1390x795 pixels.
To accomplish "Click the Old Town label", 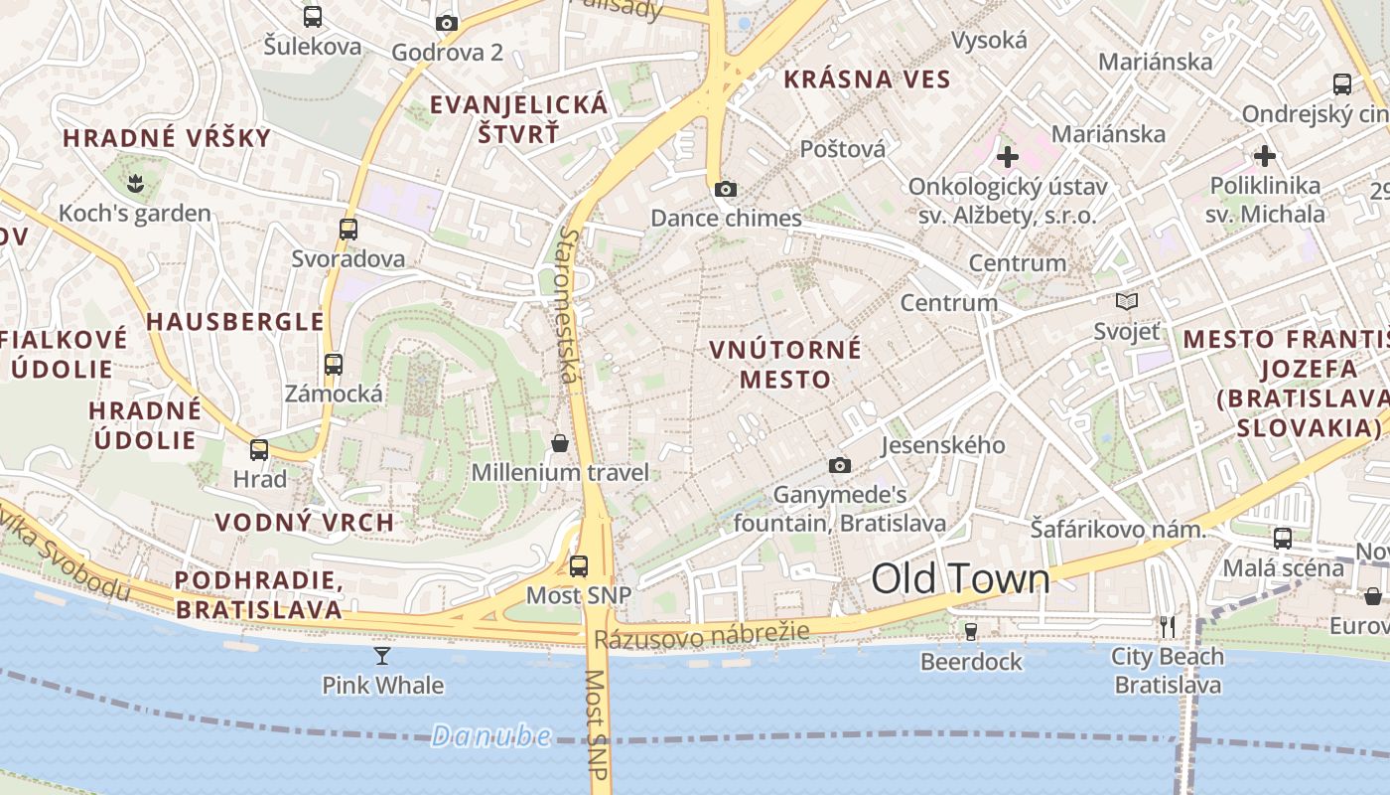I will pos(960,579).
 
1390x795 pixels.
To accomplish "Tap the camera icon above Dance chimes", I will pos(726,189).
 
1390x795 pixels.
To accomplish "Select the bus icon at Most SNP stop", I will pos(579,566).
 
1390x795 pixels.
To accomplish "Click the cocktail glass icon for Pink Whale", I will pos(382,655).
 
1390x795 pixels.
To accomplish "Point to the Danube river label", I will pos(491,736).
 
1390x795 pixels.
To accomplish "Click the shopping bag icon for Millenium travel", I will pos(560,442).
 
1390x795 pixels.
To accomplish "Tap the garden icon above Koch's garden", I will pos(134,182).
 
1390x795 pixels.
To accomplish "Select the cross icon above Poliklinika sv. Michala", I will pos(1264,156).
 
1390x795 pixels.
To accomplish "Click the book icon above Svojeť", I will pos(1126,301).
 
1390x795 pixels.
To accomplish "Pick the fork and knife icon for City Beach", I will pos(1168,626).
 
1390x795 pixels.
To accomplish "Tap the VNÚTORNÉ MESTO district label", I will pos(785,365).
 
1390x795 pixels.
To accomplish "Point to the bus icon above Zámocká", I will pos(334,364).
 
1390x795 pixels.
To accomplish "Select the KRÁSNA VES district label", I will pos(867,79).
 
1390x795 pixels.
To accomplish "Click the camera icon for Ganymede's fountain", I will pos(840,465).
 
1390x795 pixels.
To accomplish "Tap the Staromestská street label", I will pos(568,306).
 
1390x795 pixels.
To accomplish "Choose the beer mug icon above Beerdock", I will pos(971,631).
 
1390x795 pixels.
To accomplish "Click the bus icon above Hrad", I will pos(259,449).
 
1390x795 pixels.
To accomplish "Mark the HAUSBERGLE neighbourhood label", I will pos(235,322).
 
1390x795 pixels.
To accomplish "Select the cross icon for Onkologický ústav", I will pos(1008,156).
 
